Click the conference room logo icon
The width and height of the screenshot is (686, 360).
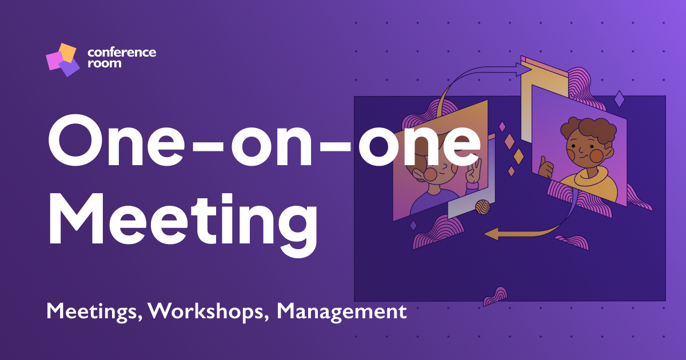point(62,59)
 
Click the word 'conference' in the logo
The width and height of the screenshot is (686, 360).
point(122,53)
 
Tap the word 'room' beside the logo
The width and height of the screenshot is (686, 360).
point(104,63)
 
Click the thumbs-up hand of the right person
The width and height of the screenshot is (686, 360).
point(547,169)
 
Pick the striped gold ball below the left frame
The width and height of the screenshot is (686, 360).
point(482,206)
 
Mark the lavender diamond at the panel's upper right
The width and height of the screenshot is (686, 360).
point(619,99)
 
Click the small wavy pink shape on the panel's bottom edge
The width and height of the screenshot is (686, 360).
point(494,296)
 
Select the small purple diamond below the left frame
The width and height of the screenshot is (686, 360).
point(413,226)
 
